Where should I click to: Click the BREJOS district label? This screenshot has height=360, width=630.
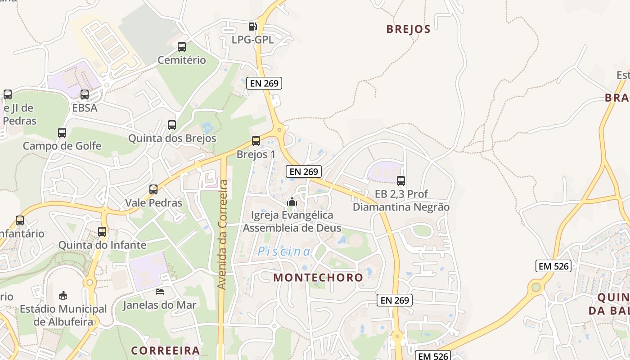coord(408,29)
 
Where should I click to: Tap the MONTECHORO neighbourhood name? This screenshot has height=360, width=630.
coord(318,277)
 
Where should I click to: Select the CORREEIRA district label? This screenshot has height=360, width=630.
coord(165,351)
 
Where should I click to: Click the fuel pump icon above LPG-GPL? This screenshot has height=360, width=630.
coord(253,27)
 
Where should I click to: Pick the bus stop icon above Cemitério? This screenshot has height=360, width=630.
coord(182,47)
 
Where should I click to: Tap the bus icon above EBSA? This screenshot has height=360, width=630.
coord(85,94)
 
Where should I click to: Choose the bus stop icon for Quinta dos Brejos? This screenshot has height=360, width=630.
coord(172,125)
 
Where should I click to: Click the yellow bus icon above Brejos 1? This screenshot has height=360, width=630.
coord(256,141)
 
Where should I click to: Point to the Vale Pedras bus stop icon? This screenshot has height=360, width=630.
coord(153,189)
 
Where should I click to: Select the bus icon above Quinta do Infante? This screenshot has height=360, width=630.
coord(102,232)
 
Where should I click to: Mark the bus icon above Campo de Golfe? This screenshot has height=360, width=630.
coord(62,133)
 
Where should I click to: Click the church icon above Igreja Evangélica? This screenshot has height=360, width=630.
coord(292,202)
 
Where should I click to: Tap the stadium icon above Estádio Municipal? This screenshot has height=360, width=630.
coord(63,296)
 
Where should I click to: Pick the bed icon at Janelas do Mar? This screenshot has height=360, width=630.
coord(160,292)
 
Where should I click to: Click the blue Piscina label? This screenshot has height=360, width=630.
coord(283,252)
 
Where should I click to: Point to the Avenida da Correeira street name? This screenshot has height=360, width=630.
coord(222,234)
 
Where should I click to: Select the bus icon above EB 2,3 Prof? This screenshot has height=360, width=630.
coord(401,181)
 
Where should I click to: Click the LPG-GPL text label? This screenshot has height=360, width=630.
coord(252,40)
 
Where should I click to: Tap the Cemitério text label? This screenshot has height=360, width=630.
coord(182,60)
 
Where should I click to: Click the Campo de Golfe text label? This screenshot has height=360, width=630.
coord(62,146)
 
